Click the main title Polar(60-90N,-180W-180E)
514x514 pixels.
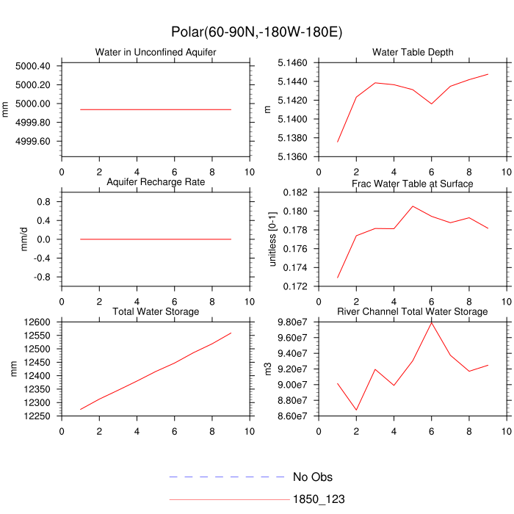pos(256,32)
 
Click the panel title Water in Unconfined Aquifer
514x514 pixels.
pos(156,53)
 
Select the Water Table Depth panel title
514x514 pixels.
pos(413,53)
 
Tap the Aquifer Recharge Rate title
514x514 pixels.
pos(156,182)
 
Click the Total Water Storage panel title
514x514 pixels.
pos(156,312)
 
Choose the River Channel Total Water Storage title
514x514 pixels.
pos(413,312)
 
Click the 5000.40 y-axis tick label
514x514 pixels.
pos(33,66)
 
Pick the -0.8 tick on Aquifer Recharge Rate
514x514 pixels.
pos(42,278)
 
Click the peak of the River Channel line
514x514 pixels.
pos(432,323)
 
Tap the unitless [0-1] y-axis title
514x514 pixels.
pos(274,239)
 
